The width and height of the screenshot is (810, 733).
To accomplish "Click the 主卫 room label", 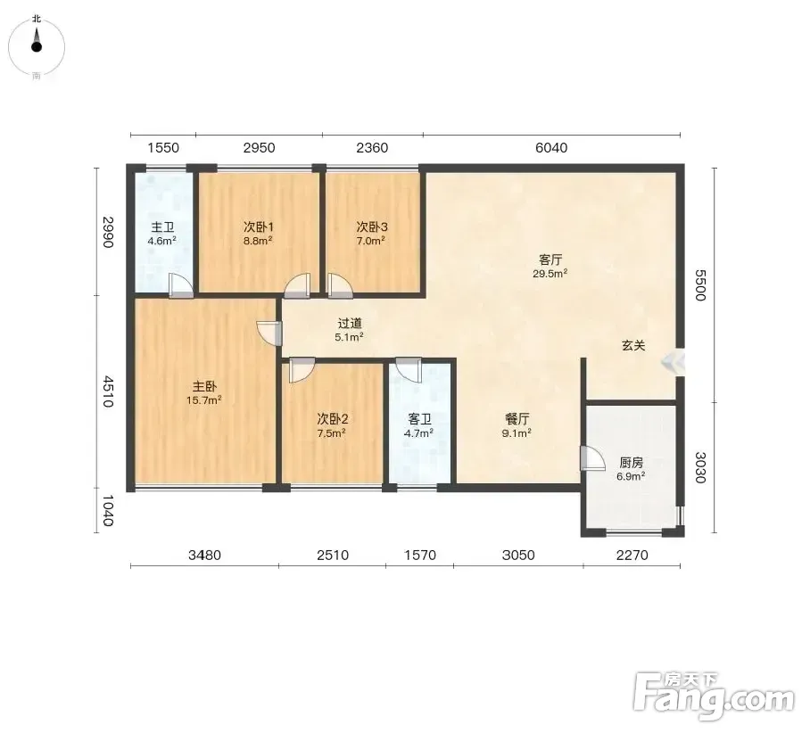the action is (162, 227).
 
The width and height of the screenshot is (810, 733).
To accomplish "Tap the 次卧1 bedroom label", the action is (259, 226).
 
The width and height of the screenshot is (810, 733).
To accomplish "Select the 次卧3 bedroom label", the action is (372, 226).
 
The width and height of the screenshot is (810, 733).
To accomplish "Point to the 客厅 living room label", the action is (550, 259).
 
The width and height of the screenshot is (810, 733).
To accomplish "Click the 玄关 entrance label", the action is (633, 345).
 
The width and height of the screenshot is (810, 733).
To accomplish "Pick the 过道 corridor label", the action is (350, 324).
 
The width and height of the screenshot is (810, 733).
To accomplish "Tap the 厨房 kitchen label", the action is (632, 463).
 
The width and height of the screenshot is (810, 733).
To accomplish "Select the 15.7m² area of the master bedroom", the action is (204, 399).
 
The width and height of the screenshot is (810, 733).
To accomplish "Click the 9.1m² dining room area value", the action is (517, 433).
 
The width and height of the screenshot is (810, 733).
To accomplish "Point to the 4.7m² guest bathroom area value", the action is (418, 433).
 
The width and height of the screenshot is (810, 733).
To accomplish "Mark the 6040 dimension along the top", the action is (551, 148).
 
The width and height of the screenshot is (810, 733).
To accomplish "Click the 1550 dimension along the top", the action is (163, 148).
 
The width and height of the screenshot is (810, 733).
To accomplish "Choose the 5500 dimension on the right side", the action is (700, 285).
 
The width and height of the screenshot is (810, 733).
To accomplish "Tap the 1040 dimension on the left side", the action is (107, 510).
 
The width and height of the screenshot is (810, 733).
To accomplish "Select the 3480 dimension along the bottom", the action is (204, 556).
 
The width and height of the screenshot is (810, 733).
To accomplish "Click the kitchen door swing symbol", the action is (592, 458).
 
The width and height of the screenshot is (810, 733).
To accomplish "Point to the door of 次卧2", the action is (302, 369).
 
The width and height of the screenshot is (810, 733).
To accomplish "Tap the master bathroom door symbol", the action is (181, 285).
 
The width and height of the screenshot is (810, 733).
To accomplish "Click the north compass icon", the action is (37, 46).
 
